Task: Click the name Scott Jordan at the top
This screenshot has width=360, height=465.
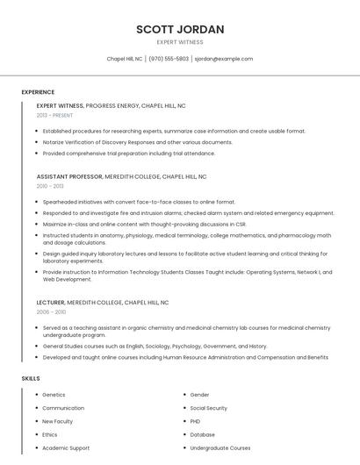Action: [180, 29]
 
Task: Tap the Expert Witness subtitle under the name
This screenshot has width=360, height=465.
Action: [180, 42]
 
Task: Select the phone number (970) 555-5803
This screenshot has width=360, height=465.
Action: [169, 59]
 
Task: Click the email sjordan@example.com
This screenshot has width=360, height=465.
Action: [223, 59]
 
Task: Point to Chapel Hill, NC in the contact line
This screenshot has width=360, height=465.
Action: [125, 59]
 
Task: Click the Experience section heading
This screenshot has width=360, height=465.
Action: [38, 92]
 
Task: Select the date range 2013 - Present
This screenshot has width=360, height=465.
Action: [54, 115]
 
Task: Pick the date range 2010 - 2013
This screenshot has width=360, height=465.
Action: [50, 186]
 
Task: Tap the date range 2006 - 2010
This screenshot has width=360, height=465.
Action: [51, 311]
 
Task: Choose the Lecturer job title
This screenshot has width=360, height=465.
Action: [50, 302]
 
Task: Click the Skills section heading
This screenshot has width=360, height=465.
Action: [31, 378]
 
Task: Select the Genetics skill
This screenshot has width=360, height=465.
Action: [54, 395]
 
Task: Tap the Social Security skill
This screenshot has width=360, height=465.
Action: [208, 408]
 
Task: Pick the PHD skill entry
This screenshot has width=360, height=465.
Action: [195, 421]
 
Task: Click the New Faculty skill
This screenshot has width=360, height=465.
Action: [58, 421]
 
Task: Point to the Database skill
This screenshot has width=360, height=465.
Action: [202, 434]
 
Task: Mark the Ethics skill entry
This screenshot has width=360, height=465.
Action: [50, 434]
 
